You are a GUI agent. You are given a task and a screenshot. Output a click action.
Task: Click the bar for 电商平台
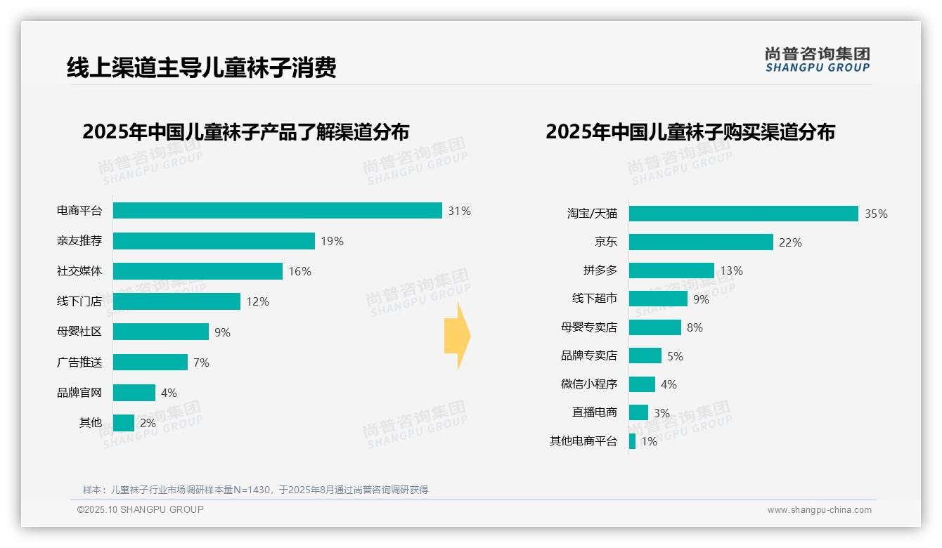277,211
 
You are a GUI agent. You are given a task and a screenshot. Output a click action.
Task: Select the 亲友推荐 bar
214,241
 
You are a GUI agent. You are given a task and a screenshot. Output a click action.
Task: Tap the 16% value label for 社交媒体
299,271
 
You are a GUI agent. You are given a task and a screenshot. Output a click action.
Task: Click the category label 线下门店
79,301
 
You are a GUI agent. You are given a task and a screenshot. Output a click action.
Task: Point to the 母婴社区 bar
161,332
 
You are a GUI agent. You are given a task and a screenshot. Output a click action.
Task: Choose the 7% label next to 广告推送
201,363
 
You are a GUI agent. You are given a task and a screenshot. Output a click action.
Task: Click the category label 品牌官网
79,393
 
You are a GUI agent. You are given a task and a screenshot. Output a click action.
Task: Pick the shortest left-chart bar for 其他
124,423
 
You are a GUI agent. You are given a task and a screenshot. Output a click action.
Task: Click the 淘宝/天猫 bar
743,214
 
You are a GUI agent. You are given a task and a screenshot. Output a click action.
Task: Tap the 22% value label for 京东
790,242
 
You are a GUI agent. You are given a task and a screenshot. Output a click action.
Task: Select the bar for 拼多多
671,270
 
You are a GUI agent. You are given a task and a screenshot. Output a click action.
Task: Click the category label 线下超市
594,299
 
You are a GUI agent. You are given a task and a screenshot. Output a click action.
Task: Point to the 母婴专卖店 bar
655,327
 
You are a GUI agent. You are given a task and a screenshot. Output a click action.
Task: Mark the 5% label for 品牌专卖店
675,356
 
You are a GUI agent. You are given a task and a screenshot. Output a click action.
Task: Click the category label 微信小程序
589,384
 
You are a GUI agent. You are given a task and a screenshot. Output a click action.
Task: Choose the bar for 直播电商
638,412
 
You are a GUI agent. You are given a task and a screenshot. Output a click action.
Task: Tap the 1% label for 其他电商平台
649,442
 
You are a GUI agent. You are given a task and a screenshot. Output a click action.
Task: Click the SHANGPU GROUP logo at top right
817,60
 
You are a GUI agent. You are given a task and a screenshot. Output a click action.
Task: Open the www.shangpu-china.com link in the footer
819,510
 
